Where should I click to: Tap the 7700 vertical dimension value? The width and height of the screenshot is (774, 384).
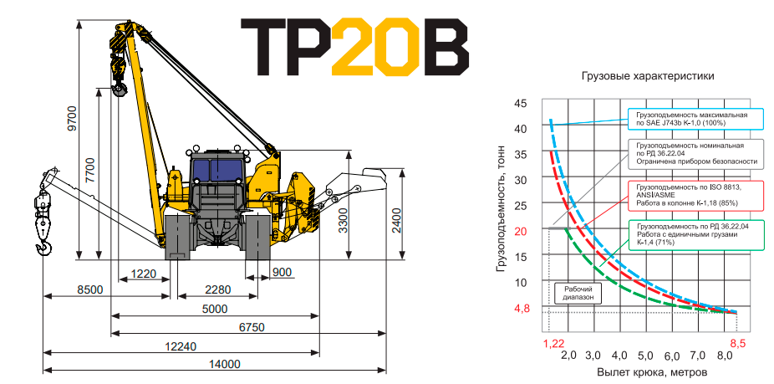pos(89,170)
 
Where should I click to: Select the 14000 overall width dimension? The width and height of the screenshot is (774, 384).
pos(224,364)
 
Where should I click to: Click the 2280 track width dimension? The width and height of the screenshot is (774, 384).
pos(217,290)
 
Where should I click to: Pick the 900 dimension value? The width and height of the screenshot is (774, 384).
pos(282,272)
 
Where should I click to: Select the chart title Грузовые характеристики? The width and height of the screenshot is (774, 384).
pos(648,76)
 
